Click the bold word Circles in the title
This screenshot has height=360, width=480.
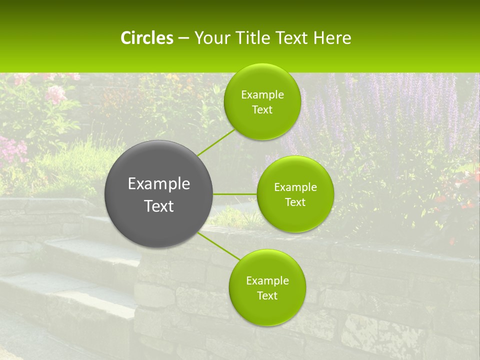pos(147,38)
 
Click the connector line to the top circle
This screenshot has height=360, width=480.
pos(216,142)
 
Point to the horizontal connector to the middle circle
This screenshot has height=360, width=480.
pos(235,194)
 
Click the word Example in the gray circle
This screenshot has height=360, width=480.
pos(159,184)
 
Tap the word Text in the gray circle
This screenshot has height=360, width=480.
pos(159,206)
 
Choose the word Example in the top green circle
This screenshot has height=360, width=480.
pos(262,95)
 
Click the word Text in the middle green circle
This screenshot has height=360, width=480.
pos(295,202)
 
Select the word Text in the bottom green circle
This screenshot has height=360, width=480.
pos(267,295)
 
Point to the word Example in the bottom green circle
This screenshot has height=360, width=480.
pos(267,280)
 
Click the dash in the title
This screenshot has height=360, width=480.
pos(183,38)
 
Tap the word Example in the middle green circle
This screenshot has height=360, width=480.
pos(295,187)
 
